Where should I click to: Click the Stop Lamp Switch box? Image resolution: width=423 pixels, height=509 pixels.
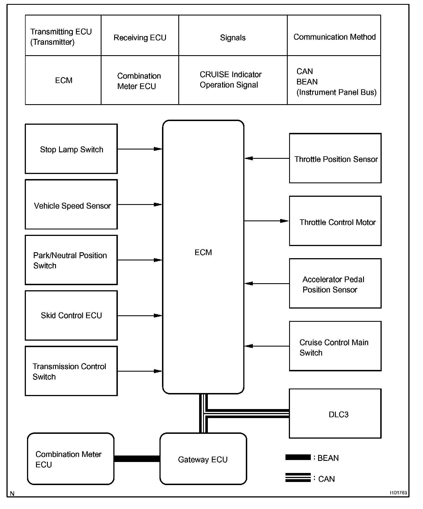point(71,149)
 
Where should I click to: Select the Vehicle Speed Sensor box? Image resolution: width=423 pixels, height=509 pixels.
point(71,204)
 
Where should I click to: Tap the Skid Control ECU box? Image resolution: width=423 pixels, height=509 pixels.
point(71,315)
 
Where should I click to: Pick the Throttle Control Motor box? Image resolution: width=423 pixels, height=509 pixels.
point(335,221)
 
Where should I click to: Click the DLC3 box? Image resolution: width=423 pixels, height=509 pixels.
point(335,414)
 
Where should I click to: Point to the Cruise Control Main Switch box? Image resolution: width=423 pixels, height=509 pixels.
point(335,346)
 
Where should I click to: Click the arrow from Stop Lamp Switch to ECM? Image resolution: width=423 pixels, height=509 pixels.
point(140,149)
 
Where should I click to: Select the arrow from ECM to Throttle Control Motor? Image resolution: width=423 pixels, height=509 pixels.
point(266,221)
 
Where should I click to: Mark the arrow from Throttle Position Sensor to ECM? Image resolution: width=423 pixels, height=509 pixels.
point(267,158)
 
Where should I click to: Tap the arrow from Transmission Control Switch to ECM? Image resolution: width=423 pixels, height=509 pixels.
point(140,371)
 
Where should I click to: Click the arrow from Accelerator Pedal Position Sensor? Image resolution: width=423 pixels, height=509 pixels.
point(267,283)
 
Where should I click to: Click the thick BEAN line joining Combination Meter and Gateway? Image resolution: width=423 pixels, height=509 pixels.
point(137,459)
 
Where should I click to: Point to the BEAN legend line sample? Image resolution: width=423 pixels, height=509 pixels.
point(298,457)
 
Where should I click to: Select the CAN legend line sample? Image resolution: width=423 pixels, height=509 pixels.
point(298,478)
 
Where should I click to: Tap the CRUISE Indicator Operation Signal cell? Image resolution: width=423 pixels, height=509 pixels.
point(233,80)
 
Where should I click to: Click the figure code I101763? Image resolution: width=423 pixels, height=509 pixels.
point(398,493)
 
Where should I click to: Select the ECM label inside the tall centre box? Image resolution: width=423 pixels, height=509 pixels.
point(203,252)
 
